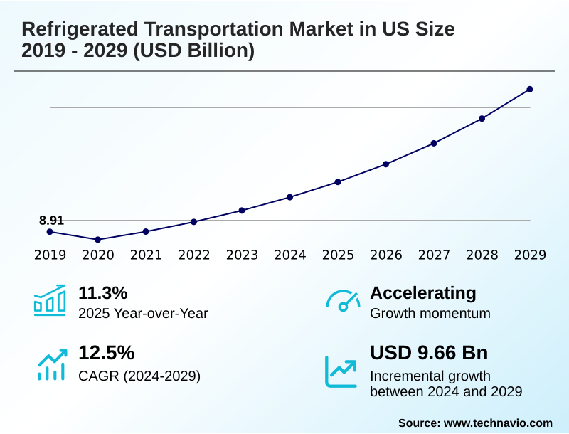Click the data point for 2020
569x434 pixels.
tap(97, 240)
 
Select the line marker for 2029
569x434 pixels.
tap(530, 89)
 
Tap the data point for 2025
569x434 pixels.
tap(338, 182)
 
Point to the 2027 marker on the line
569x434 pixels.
tap(434, 143)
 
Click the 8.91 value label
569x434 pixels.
tap(51, 221)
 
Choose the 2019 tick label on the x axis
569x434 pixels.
tap(50, 255)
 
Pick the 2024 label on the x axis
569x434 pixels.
tap(290, 255)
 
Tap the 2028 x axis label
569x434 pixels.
tap(482, 255)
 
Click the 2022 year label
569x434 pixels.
tap(194, 255)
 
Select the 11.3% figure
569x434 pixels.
tap(102, 293)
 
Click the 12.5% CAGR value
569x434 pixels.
tap(106, 353)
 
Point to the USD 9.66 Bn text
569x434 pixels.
tap(429, 353)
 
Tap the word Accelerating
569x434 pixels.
tap(423, 293)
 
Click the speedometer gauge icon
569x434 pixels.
tap(343, 302)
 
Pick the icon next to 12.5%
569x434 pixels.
tap(51, 364)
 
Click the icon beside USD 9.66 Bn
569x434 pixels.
tap(341, 371)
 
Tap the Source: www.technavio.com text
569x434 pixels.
tap(475, 423)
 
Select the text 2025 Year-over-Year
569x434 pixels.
tap(143, 313)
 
